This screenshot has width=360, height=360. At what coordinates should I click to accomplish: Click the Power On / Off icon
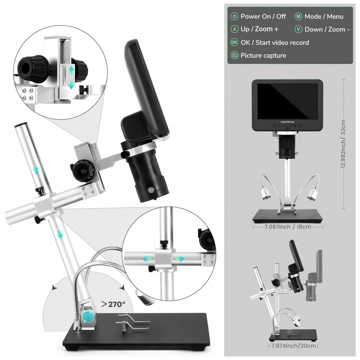pos(234,17)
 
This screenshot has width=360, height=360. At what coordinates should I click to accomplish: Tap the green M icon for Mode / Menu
pos(298,17)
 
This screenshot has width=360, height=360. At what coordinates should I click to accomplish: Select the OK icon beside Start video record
pos(234,42)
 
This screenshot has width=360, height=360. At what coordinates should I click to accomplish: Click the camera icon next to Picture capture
pos(234,55)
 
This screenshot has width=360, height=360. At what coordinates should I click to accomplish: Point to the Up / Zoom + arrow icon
pos(234,30)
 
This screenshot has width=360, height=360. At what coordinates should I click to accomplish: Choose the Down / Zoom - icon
pos(298,30)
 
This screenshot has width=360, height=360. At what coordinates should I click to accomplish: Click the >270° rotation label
pos(113,305)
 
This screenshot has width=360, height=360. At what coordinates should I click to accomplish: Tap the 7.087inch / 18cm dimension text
pos(287,227)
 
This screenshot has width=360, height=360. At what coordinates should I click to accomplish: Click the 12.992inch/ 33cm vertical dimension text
pos(343,144)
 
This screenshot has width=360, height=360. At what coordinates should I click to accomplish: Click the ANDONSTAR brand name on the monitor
pos(287,122)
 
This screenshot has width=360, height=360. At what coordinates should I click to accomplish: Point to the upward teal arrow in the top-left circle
pos(71,70)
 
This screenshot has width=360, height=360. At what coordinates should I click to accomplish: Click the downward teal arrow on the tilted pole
pos(60,234)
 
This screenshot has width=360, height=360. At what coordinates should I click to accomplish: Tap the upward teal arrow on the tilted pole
pos(36,170)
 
